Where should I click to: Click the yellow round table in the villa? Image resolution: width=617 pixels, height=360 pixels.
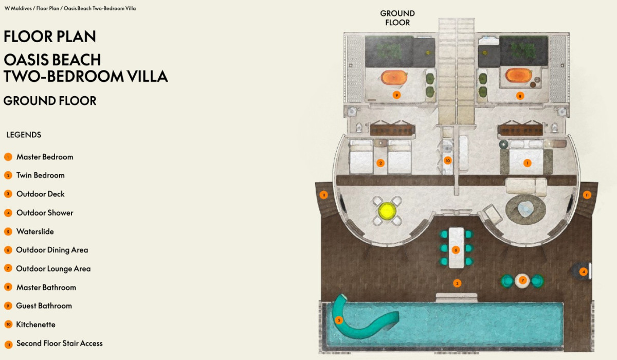(387, 211)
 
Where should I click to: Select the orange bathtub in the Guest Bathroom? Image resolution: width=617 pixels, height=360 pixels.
(394, 77)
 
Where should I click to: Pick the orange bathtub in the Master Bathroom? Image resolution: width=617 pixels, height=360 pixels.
(518, 75)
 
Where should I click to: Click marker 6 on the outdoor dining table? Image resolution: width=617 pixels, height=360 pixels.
(456, 250)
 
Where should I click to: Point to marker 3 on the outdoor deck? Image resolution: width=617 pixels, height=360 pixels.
(457, 283)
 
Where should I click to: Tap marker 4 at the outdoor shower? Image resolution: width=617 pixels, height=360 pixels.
(584, 272)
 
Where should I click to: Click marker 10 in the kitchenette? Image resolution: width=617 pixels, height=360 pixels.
(448, 160)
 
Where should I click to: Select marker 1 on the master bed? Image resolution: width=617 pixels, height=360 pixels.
(527, 164)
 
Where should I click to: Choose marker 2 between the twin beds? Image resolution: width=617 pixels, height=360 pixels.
(380, 163)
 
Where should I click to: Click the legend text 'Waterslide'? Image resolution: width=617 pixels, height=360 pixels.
(35, 231)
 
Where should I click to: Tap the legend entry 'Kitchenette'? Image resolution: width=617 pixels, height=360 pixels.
(36, 325)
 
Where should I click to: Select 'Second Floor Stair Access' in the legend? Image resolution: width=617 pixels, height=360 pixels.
(60, 343)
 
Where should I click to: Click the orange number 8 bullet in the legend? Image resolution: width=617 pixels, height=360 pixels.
(8, 287)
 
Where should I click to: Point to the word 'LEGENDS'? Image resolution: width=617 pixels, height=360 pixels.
(24, 135)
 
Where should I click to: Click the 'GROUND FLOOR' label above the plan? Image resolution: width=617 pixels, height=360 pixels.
(397, 18)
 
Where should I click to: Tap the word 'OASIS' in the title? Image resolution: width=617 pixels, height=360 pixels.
(27, 60)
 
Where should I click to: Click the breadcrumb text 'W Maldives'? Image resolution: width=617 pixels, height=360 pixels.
(18, 8)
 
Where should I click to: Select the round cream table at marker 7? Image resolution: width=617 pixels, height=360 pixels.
(522, 281)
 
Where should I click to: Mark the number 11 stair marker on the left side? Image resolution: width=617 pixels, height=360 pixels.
(323, 195)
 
